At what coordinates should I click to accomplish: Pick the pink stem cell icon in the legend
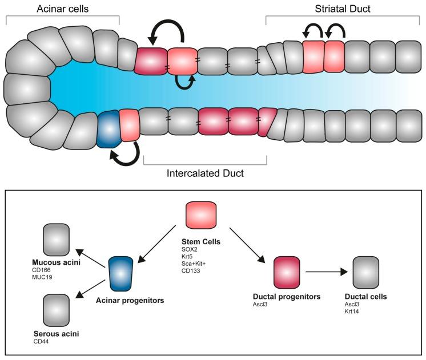(x=201, y=217)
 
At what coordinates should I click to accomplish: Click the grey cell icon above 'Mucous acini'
(x=57, y=240)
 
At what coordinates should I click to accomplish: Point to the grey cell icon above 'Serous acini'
(x=57, y=310)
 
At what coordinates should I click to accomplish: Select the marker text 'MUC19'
(x=44, y=278)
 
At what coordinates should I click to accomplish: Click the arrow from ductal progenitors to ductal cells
(x=327, y=273)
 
